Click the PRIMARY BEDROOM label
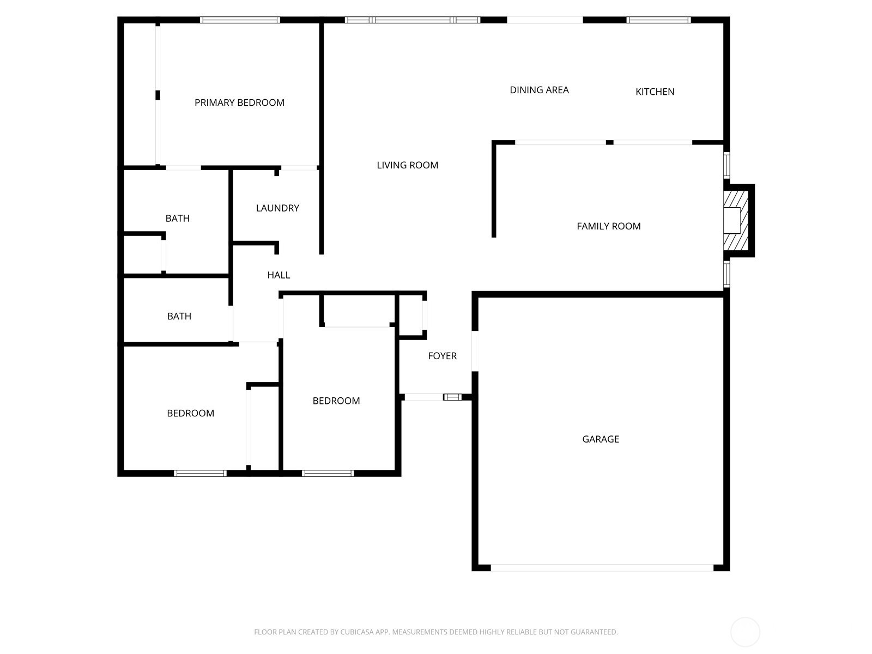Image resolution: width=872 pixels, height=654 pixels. tap(239, 102)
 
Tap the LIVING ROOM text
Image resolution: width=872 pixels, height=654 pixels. tap(407, 165)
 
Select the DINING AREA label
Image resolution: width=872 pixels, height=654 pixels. tap(539, 90)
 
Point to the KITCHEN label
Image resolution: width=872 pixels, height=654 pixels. tap(655, 92)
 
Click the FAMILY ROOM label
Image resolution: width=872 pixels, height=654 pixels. tap(609, 226)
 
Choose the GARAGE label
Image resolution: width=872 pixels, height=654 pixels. tap(600, 439)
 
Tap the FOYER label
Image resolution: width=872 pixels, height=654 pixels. tap(442, 356)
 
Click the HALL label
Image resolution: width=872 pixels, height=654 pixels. tap(278, 275)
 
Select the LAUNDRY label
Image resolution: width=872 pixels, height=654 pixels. tap(277, 208)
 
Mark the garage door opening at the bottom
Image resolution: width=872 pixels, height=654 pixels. tap(602, 568)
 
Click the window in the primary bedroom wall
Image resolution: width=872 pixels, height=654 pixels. tap(240, 20)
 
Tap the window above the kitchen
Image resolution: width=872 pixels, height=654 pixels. tap(659, 20)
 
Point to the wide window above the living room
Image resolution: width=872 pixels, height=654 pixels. tap(413, 20)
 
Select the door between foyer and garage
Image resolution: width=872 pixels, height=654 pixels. tap(475, 351)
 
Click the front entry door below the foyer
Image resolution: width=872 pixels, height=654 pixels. tap(423, 397)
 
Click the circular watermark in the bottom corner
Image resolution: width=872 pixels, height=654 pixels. tap(745, 632)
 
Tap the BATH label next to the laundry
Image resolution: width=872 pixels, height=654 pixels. tap(177, 218)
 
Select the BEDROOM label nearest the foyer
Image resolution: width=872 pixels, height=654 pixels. tap(336, 401)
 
